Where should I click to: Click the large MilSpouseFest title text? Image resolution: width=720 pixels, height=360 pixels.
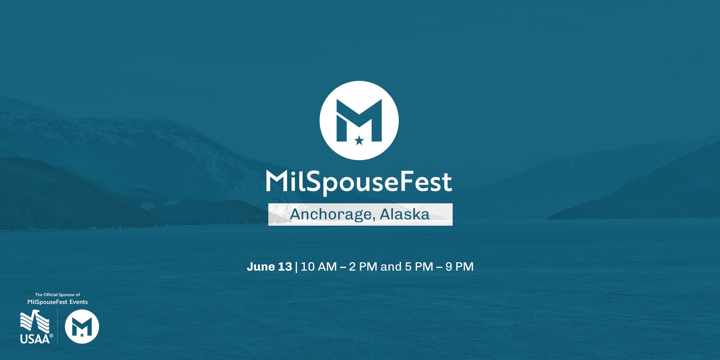click(359, 182)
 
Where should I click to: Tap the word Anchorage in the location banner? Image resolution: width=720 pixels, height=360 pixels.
click(330, 214)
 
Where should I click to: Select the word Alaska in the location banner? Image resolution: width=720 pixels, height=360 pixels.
click(404, 214)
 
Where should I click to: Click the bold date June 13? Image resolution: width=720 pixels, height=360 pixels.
click(269, 267)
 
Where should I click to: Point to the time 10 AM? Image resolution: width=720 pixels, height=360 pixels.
click(318, 267)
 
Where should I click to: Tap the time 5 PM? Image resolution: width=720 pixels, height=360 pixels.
click(419, 267)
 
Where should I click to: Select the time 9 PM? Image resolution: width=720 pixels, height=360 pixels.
click(459, 267)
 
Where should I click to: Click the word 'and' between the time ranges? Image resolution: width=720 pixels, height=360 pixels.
click(391, 267)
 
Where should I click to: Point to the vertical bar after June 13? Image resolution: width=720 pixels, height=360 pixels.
click(296, 267)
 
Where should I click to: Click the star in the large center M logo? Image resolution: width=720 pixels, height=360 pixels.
click(359, 141)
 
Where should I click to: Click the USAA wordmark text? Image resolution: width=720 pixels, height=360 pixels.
click(35, 339)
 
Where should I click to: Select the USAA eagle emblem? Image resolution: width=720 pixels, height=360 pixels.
click(35, 321)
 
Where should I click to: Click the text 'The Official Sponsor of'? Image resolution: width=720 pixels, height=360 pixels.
click(58, 295)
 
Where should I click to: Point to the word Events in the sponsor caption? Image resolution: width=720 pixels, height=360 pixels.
click(79, 302)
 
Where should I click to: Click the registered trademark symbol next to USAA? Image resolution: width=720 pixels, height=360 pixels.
click(51, 336)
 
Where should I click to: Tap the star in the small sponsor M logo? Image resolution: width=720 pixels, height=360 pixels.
click(82, 335)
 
